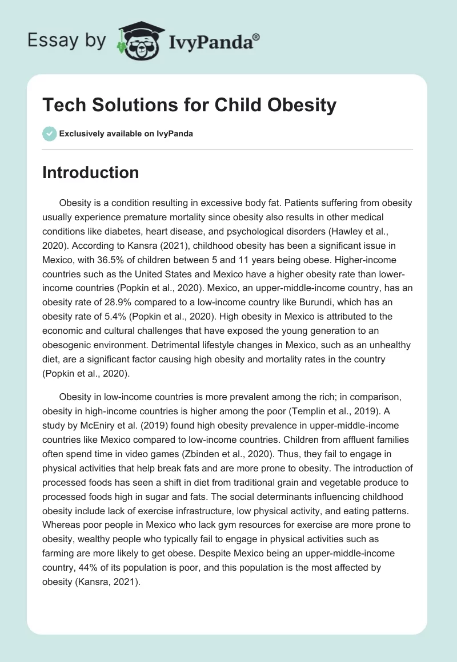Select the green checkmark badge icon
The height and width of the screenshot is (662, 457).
pos(49,134)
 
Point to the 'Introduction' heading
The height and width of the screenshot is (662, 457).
pos(90,172)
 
